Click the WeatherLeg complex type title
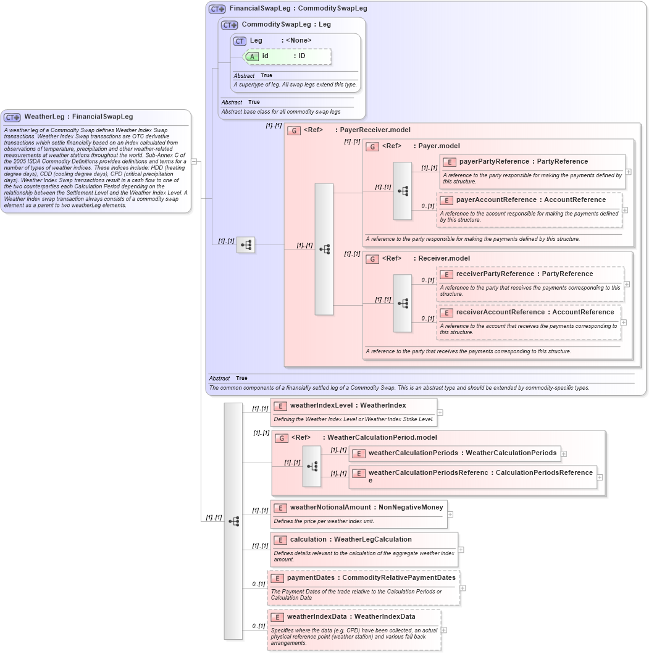(78, 117)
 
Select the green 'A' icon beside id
(252, 56)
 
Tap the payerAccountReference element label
(522, 200)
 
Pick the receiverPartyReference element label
(525, 274)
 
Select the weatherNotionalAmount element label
(366, 508)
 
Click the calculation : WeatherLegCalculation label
(351, 540)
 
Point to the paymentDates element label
(371, 578)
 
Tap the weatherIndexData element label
(351, 616)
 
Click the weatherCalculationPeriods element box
(455, 453)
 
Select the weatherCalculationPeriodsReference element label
(480, 473)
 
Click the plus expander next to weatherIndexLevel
(440, 413)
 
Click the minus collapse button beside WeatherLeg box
(194, 162)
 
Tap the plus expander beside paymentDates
(463, 588)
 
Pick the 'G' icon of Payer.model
(372, 146)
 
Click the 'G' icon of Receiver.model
(372, 259)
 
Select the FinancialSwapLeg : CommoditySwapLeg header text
(298, 9)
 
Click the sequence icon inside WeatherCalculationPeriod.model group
(312, 466)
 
